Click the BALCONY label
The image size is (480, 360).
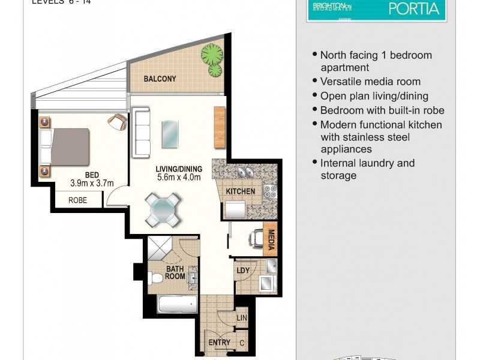160,79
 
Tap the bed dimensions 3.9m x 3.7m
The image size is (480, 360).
92,184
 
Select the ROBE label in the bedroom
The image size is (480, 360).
77,200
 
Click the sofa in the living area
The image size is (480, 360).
141,131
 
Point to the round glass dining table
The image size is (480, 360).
163,209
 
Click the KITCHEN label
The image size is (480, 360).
240,191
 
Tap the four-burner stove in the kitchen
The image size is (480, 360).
270,193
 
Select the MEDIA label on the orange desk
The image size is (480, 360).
271,239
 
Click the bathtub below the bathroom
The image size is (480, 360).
178,304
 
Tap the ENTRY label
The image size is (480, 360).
219,343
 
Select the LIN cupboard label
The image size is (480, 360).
242,317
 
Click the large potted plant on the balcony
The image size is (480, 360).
211,55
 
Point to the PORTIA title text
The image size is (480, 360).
414,8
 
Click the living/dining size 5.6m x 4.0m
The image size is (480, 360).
179,177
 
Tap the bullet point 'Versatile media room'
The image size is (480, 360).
370,82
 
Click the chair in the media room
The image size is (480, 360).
256,238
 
